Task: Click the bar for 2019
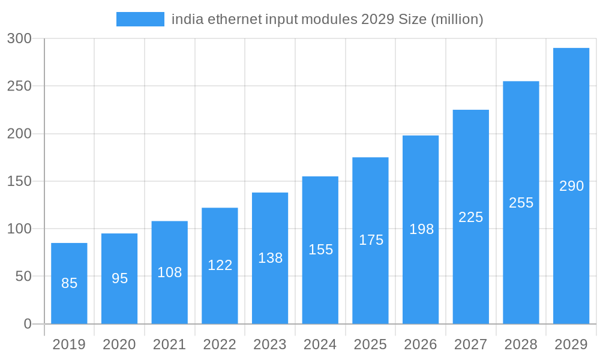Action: tap(69, 283)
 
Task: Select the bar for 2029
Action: tap(571, 186)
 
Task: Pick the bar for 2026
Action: tap(421, 230)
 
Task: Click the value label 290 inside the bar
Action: tap(571, 186)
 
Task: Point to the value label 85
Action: tap(69, 283)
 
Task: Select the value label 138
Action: tap(270, 258)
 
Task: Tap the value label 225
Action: tap(471, 217)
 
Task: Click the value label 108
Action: tap(169, 272)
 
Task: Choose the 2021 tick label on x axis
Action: tap(169, 344)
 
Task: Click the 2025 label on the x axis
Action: tap(370, 344)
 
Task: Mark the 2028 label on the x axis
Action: tap(521, 344)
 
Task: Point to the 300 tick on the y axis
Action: tap(19, 38)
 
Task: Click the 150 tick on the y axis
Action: tap(19, 181)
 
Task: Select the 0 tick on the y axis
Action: tap(27, 324)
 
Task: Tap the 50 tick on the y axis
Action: tap(23, 277)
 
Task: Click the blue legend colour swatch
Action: tap(140, 19)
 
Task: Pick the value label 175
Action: tap(371, 240)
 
